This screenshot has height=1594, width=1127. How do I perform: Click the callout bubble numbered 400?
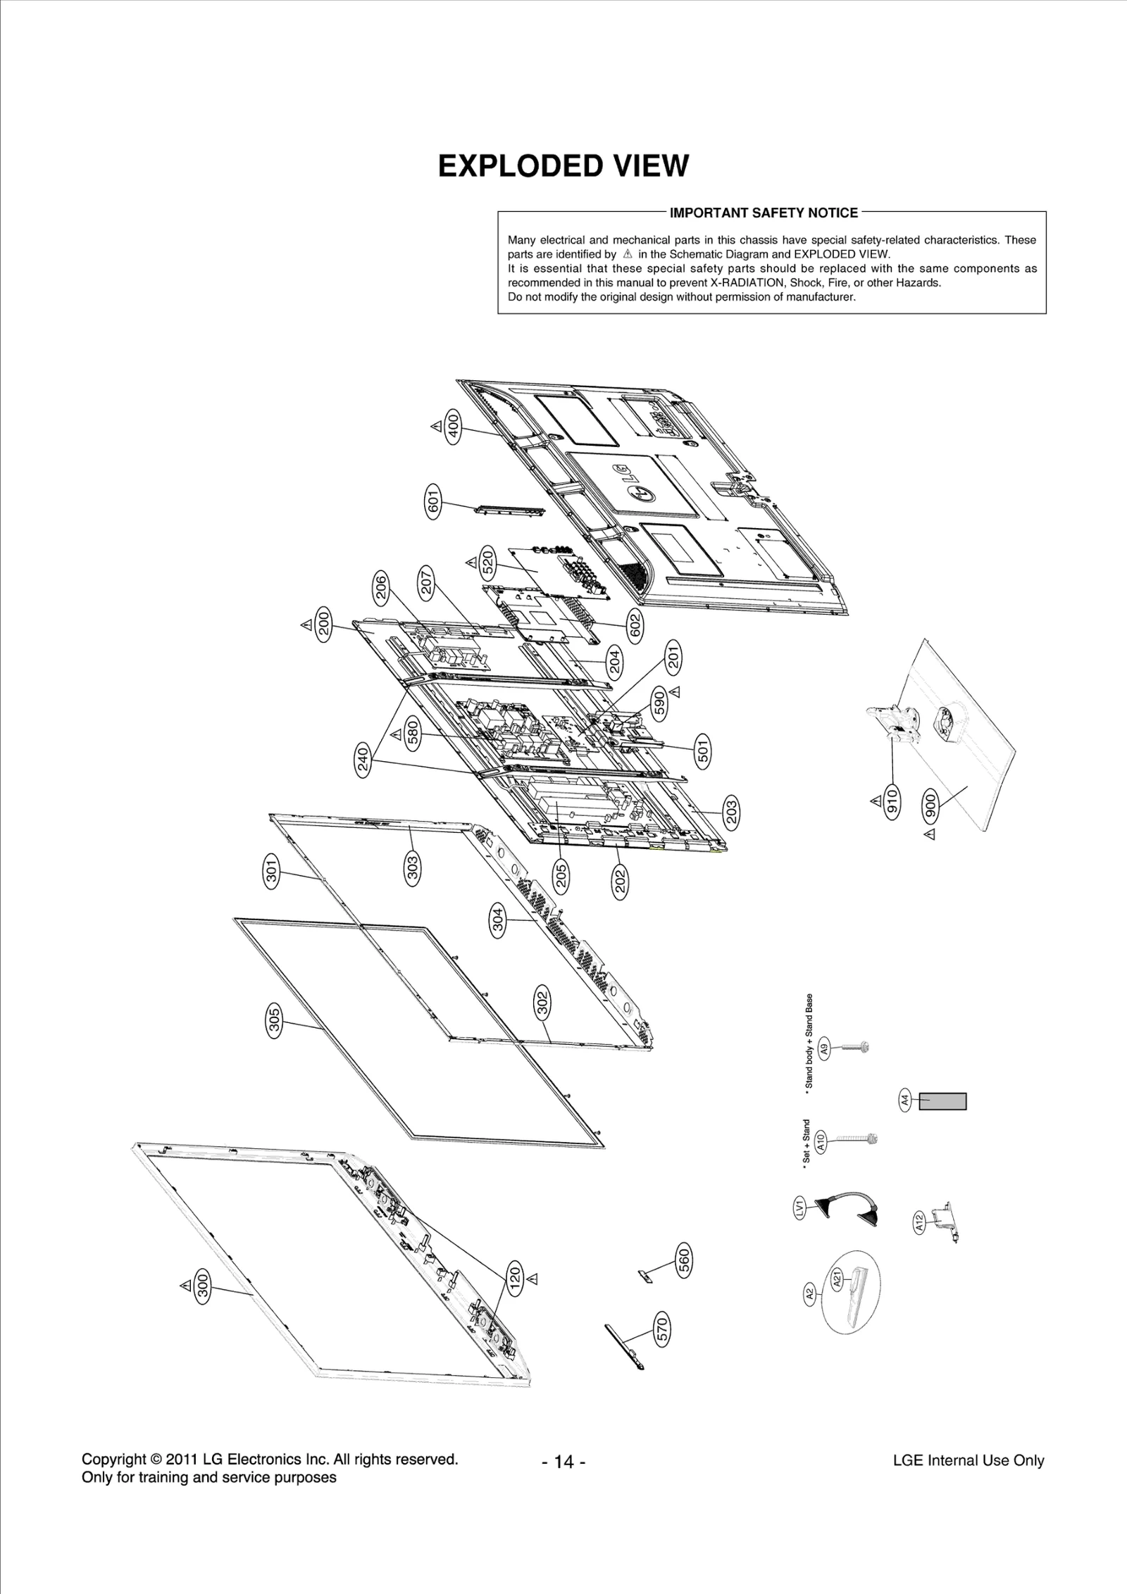coord(454,426)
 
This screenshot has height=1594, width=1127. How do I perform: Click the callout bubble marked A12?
coord(919,1223)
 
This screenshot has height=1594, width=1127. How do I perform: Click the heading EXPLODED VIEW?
coord(563,166)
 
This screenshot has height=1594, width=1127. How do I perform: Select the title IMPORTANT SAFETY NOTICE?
coord(764,213)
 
